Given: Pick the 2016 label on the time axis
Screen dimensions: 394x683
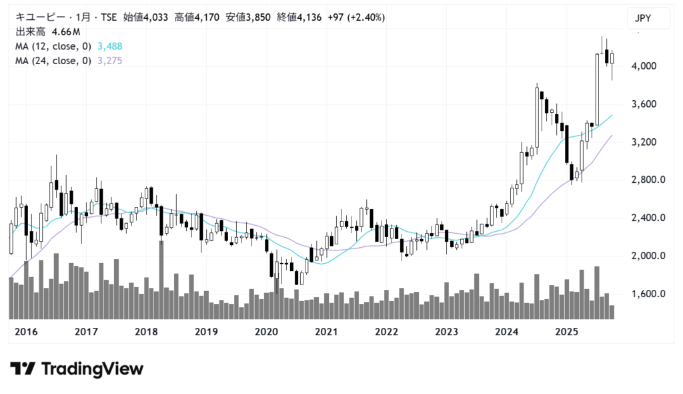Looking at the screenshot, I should tap(27, 332).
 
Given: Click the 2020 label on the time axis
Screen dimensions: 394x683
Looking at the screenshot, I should tap(267, 332).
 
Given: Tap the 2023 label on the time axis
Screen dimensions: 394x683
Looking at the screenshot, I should tap(446, 332).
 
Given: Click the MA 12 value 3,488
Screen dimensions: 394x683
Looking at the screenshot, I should tap(109, 46).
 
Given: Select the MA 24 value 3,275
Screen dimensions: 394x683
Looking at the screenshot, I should tap(109, 61).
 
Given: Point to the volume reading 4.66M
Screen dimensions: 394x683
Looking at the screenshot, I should tap(66, 31).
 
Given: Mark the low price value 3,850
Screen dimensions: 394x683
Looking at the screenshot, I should tap(257, 17).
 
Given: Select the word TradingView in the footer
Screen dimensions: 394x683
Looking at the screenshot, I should tap(92, 369).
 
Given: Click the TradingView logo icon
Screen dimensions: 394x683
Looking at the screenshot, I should tap(23, 369).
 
